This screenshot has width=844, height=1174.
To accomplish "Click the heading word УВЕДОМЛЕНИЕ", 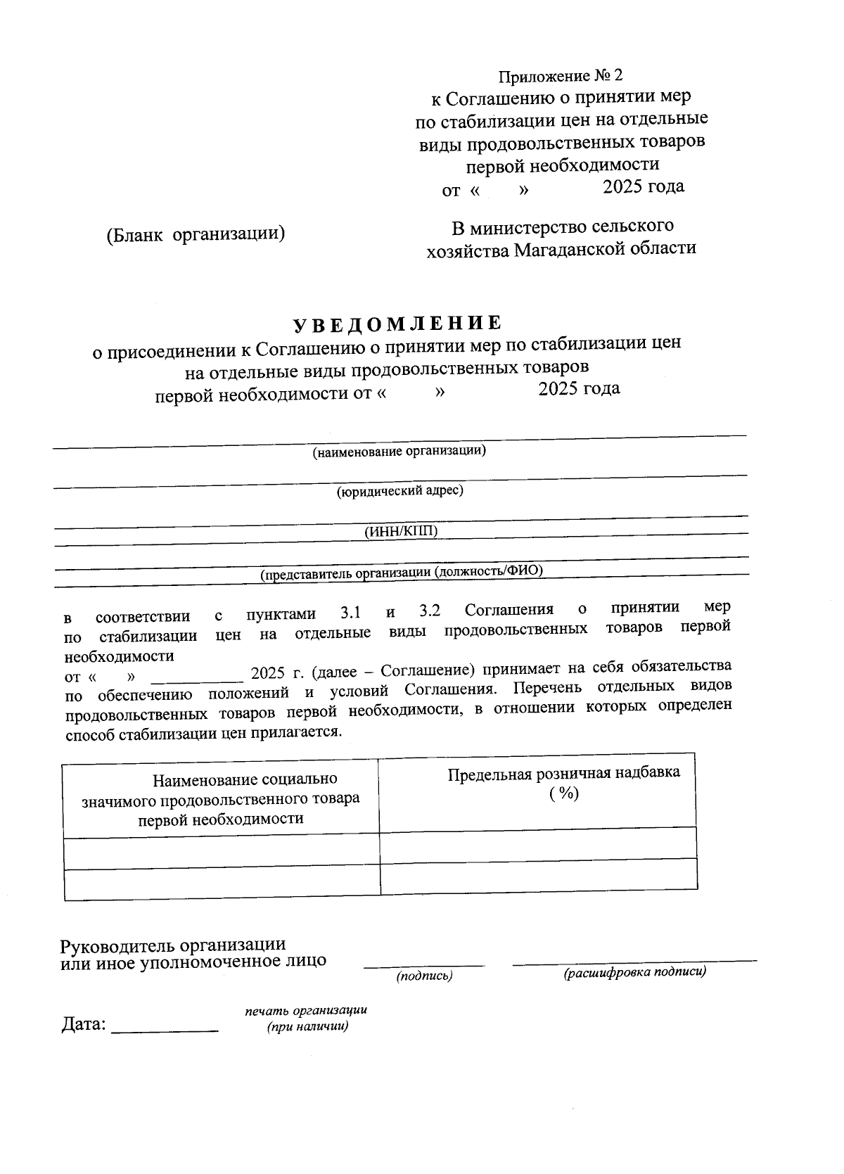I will pyautogui.click(x=397, y=323).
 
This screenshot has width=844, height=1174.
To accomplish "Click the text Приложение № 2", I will pyautogui.click(x=561, y=75).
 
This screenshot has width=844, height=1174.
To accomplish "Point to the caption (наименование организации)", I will pyautogui.click(x=399, y=451).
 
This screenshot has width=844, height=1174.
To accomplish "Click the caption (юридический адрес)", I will pyautogui.click(x=399, y=491).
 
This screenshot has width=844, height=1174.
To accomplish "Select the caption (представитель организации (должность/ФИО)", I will pyautogui.click(x=402, y=572).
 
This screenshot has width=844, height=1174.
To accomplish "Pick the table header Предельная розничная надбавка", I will pyautogui.click(x=563, y=773).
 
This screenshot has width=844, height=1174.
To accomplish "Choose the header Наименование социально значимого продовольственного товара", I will pyautogui.click(x=221, y=799).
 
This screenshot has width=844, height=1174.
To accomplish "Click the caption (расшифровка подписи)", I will pyautogui.click(x=634, y=973).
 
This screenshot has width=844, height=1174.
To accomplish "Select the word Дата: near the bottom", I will pyautogui.click(x=84, y=1024).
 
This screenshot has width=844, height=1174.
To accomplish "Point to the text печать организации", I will pyautogui.click(x=306, y=1011).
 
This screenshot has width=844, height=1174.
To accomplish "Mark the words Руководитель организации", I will pyautogui.click(x=173, y=944).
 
